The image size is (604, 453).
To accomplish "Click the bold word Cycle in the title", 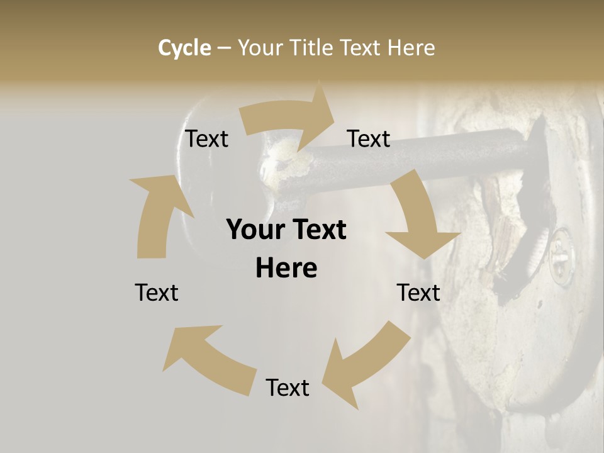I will coord(184,48).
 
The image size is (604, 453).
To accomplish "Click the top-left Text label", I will coord(206,139).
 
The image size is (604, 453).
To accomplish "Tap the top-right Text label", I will coord(369,139).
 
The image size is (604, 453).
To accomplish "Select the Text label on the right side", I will coord(418,293).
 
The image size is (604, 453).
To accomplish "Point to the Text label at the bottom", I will coord(288,388).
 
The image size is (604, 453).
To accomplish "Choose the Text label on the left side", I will coord(157,293).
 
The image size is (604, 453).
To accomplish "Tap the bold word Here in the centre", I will coord(286,269).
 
